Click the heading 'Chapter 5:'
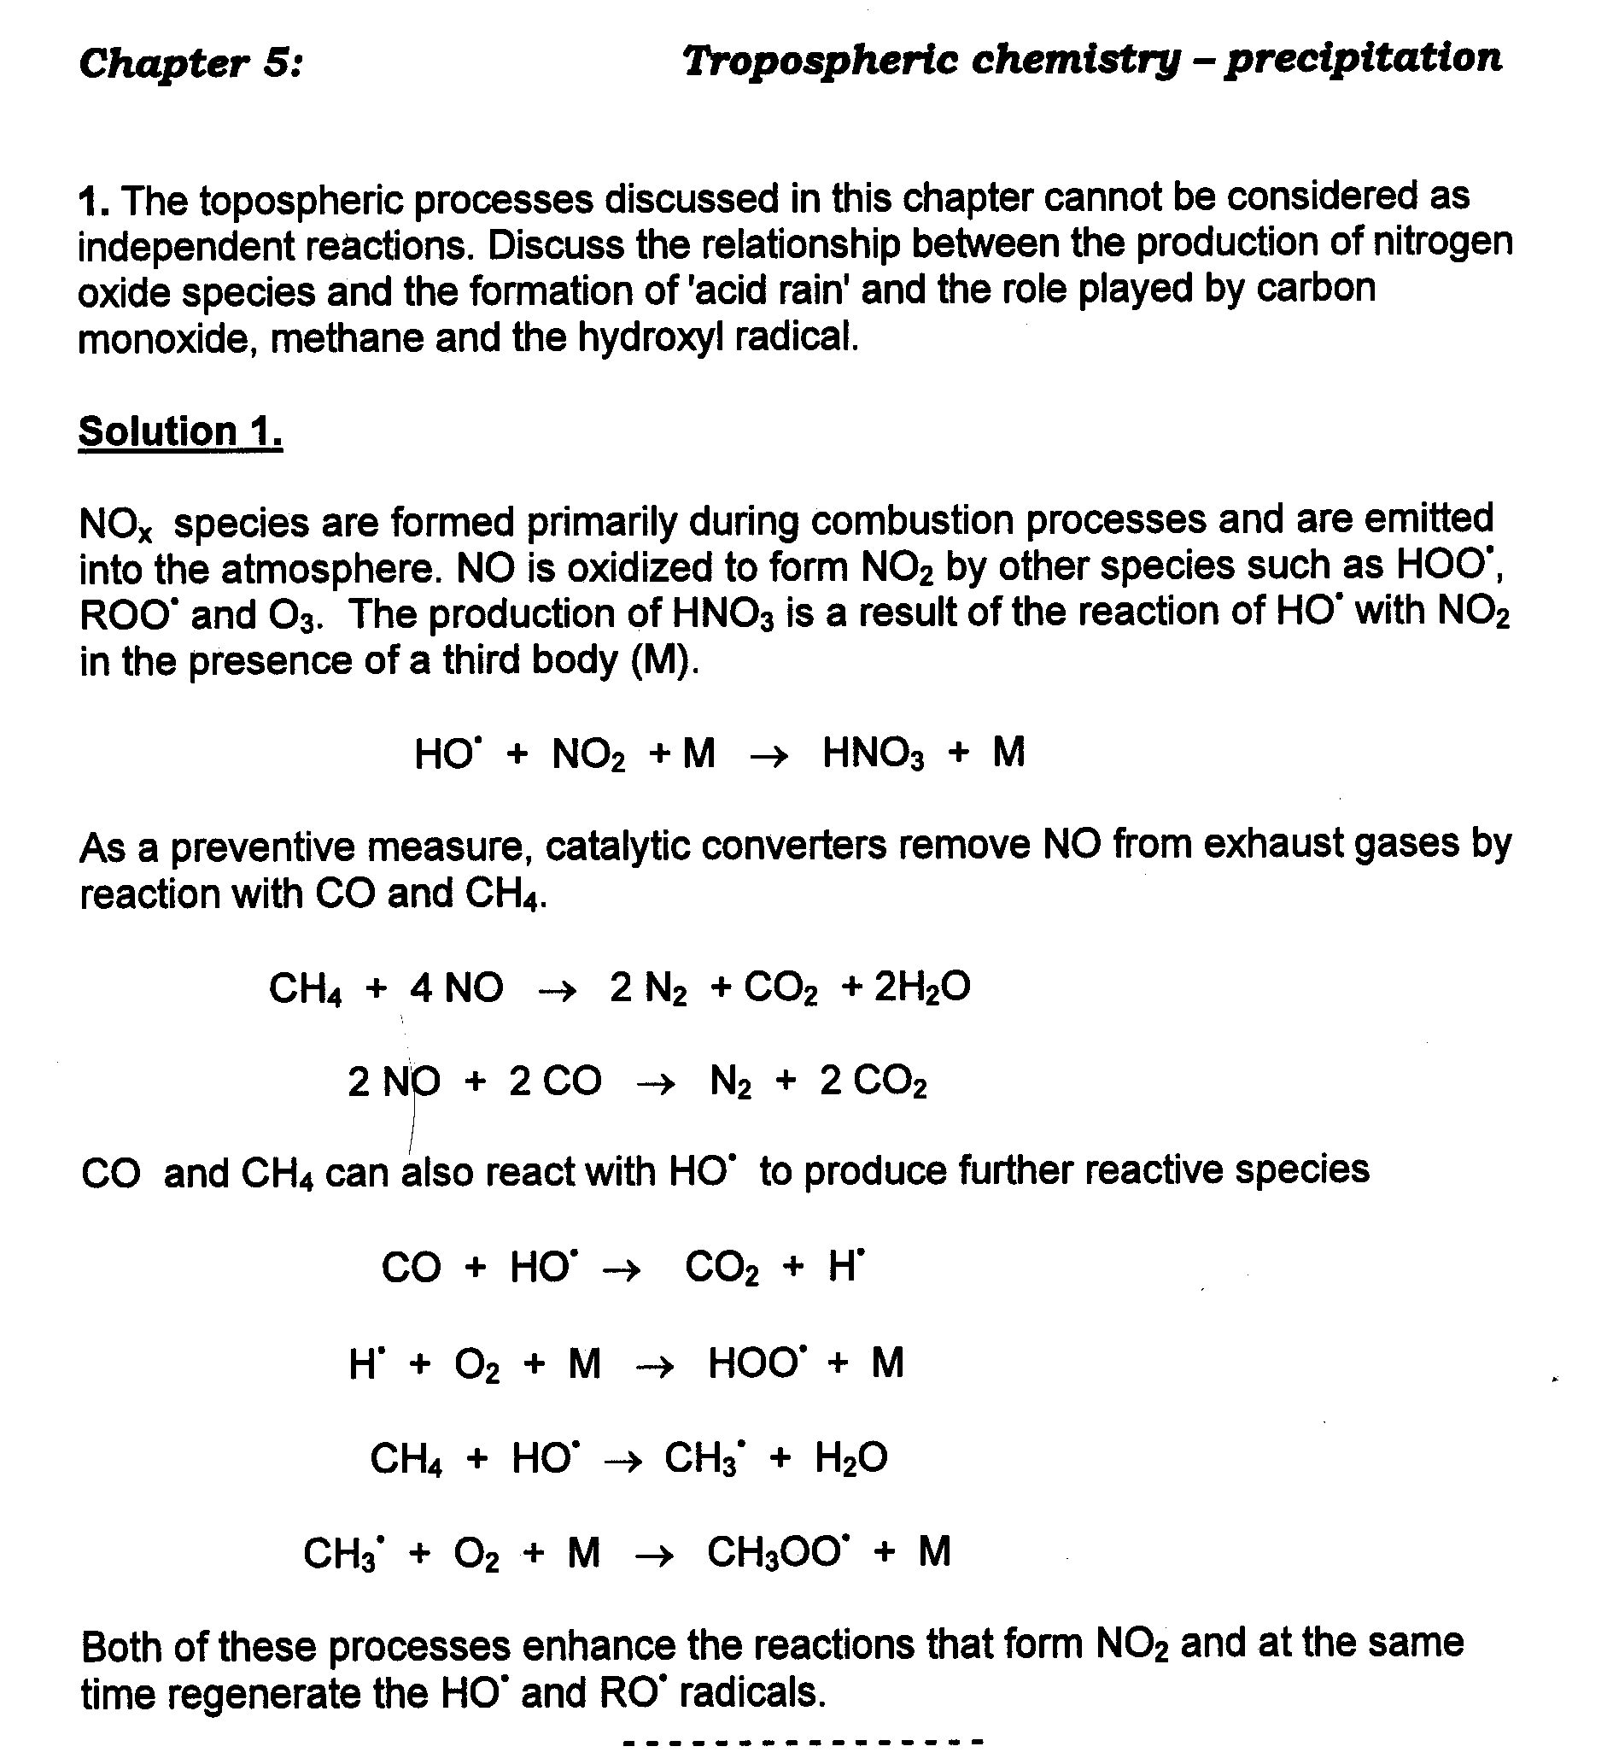(x=190, y=64)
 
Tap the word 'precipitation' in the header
(x=1362, y=59)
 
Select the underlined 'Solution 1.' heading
(x=180, y=431)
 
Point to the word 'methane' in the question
(x=348, y=337)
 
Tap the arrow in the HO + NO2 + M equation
(x=769, y=755)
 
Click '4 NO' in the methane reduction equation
(x=457, y=988)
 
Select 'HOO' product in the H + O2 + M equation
(x=757, y=1363)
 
